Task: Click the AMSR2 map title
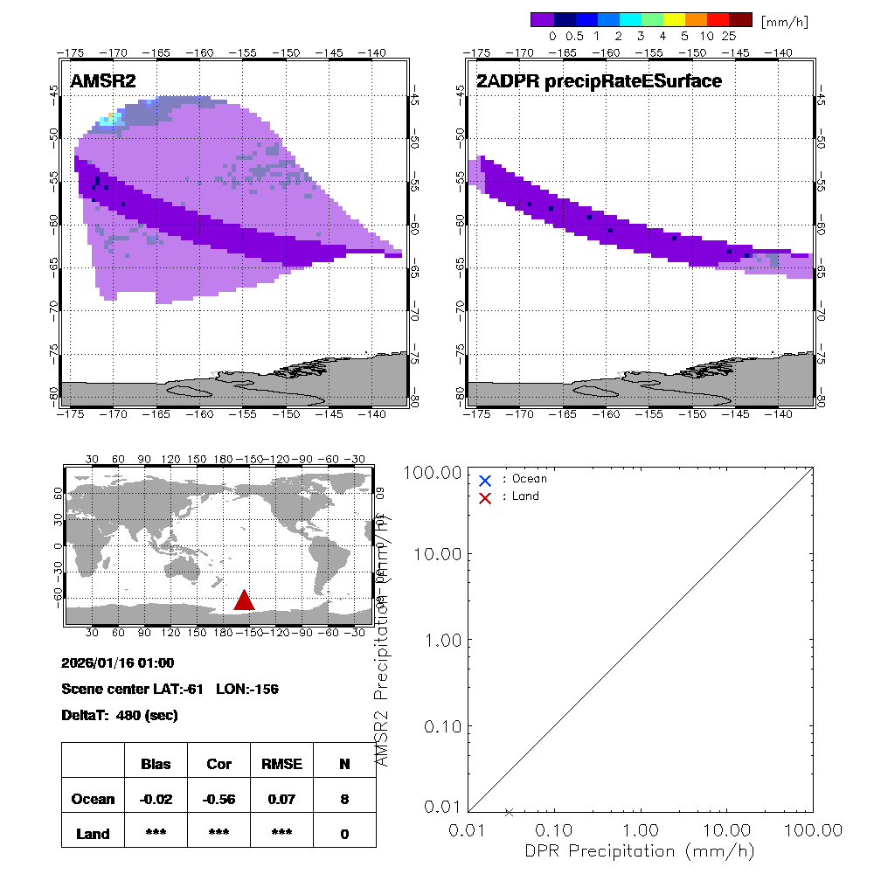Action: (103, 81)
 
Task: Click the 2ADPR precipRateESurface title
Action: (599, 81)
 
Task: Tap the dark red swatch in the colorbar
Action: (740, 19)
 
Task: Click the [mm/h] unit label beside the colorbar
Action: (784, 20)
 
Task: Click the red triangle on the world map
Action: (244, 600)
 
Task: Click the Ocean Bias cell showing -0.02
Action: (156, 799)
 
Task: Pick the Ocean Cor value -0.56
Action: (218, 799)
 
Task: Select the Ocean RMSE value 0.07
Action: (281, 799)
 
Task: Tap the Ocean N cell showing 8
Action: (344, 799)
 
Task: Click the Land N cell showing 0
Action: (344, 834)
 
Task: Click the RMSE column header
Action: (281, 764)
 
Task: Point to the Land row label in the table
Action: (93, 834)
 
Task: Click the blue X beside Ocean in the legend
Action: (485, 480)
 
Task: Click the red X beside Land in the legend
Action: (485, 496)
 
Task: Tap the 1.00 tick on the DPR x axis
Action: (642, 829)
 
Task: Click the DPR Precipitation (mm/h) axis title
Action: (642, 850)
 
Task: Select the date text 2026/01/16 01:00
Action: (118, 662)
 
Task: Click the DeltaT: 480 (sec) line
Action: (120, 715)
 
